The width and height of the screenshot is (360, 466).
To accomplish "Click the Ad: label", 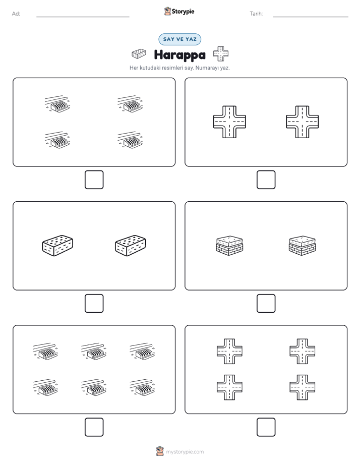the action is pos(16,14).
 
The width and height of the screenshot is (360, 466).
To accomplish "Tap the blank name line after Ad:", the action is pos(83,17).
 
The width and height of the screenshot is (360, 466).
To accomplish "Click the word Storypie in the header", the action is pos(183,12).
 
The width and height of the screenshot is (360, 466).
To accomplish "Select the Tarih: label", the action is pos(256,14).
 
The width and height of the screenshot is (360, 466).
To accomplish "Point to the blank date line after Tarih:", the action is pos(311,17).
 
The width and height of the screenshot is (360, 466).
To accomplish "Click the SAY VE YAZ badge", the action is pos(179,39).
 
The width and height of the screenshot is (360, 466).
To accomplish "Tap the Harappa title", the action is pos(179,55).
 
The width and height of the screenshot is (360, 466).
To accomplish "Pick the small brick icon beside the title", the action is pos(139,54).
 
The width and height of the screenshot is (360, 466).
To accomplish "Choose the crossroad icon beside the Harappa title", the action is pos(221,54).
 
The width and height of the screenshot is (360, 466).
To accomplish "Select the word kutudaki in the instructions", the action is pos(150,68).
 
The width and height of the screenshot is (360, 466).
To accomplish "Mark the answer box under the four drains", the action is pos(94,180).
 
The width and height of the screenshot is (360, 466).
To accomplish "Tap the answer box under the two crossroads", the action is pos(266,180).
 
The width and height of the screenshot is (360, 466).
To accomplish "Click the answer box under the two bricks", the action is pos(94,304).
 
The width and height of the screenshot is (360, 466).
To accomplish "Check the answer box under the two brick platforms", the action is pos(266,304).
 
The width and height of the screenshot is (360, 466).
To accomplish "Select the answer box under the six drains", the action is pos(94,427).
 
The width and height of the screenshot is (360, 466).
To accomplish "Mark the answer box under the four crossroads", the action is pos(266,427).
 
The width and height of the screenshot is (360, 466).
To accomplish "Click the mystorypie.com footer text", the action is pos(185,452).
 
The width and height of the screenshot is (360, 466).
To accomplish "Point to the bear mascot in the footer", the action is pos(160,451).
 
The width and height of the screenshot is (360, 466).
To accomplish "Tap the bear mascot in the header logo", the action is pos(167,11).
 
